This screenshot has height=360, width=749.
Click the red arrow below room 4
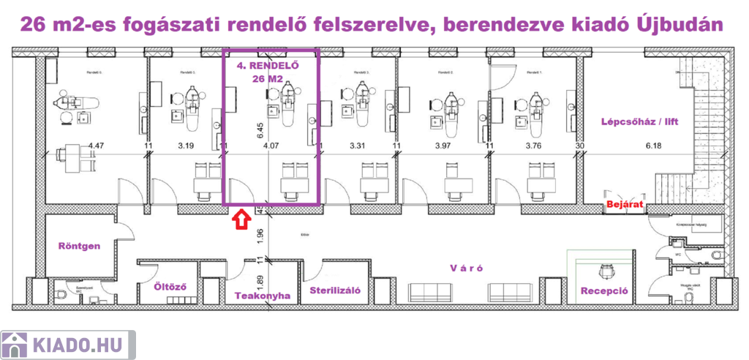pyautogui.click(x=239, y=219)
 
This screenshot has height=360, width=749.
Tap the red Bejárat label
pyautogui.click(x=624, y=206)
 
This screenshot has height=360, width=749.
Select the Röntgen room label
pyautogui.click(x=79, y=246)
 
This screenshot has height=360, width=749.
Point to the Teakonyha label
pyautogui.click(x=263, y=296)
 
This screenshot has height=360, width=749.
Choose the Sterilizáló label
pyautogui.click(x=336, y=290)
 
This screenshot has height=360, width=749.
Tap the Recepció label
pyautogui.click(x=604, y=290)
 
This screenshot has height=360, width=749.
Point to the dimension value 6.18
pyautogui.click(x=652, y=146)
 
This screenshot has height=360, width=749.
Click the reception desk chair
pyautogui.click(x=605, y=272)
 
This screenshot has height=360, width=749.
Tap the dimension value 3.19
pyautogui.click(x=187, y=146)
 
